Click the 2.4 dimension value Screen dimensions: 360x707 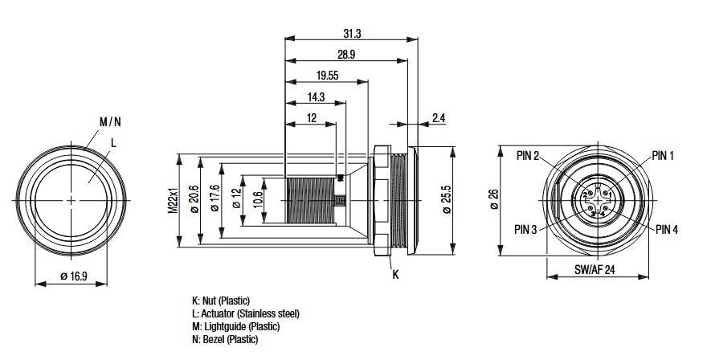coord(439,118)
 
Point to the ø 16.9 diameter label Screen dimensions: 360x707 coord(73,276)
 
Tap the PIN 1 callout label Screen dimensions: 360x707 coord(664,155)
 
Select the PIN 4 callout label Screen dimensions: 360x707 coord(666,229)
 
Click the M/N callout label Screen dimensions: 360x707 coord(109,122)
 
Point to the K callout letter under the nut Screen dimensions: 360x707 coord(394,274)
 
